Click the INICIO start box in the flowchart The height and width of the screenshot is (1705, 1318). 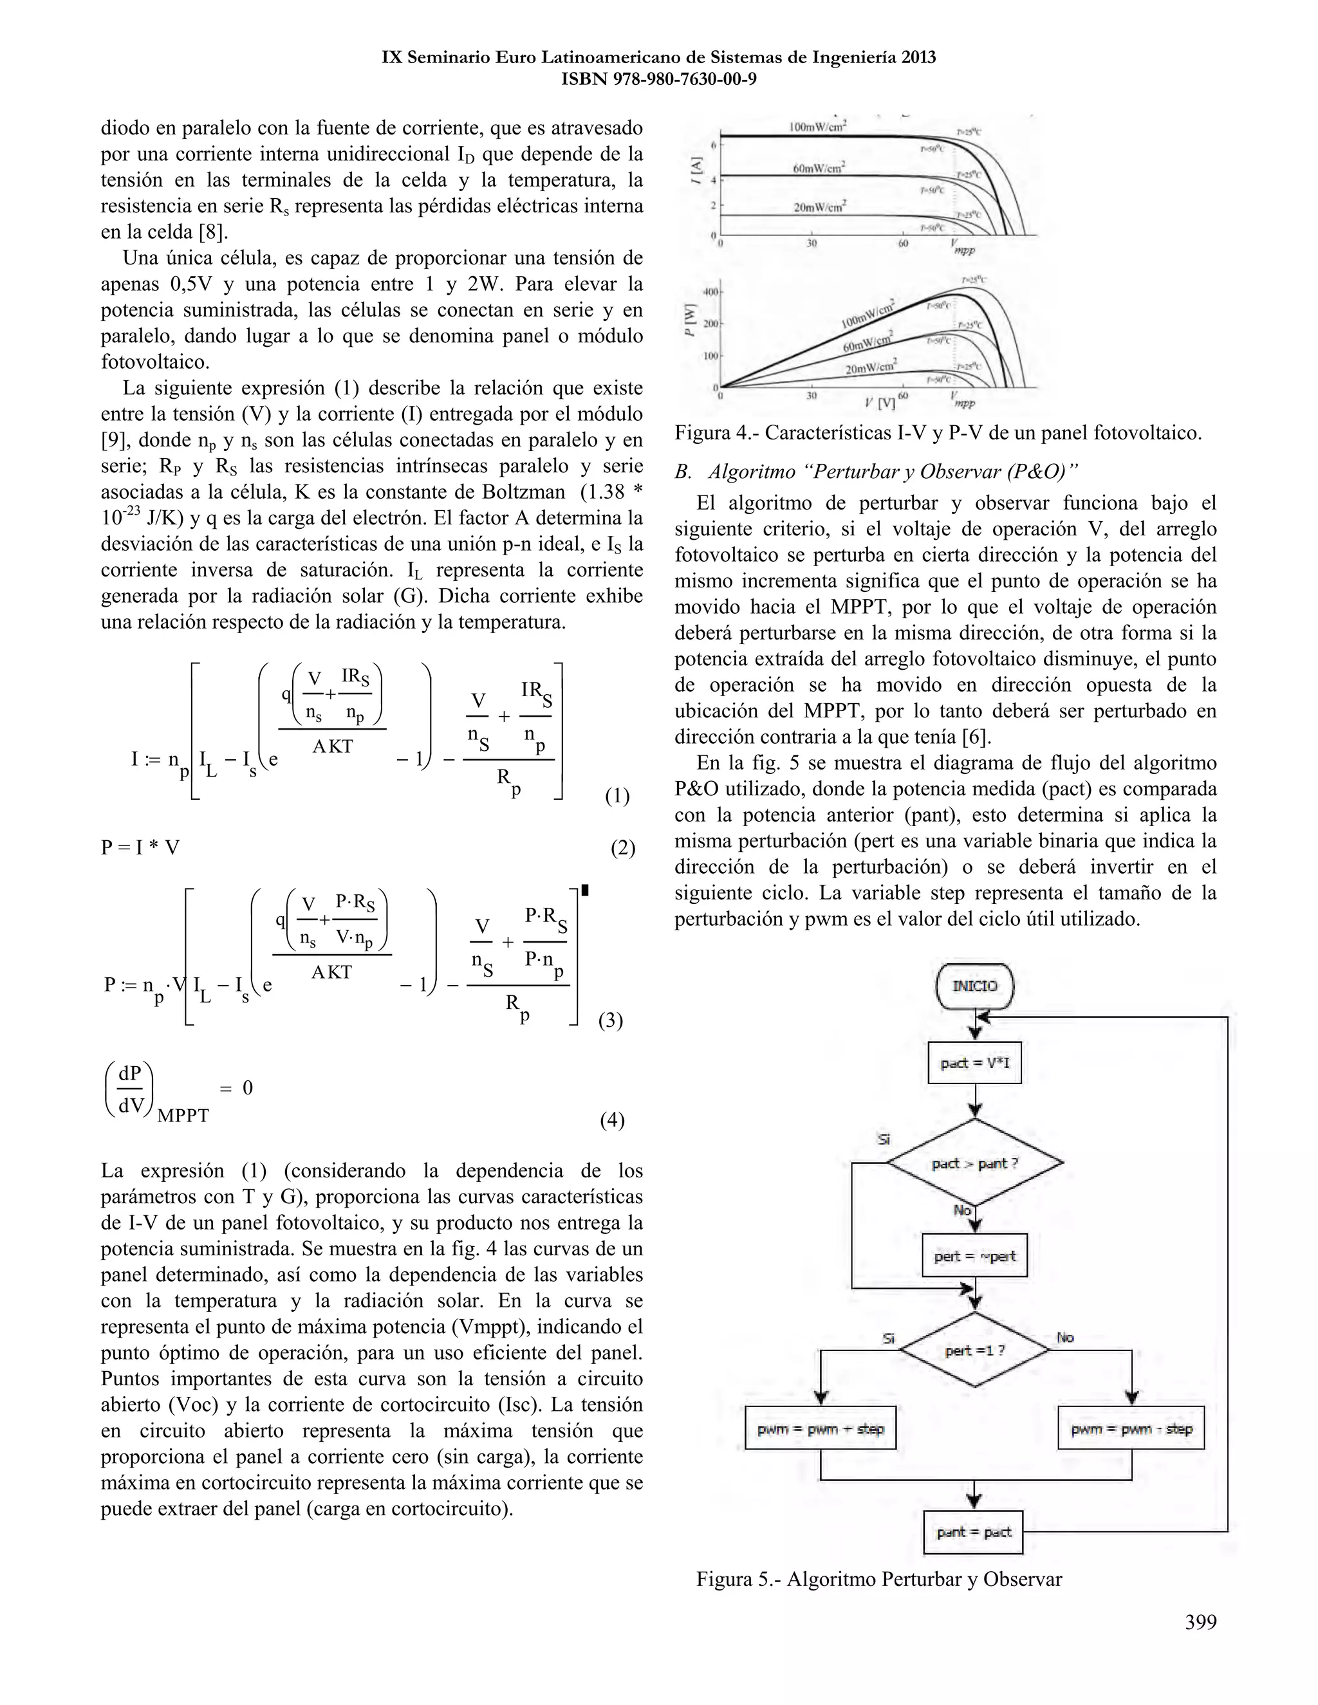click(x=974, y=986)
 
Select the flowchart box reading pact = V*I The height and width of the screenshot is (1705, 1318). click(x=974, y=1062)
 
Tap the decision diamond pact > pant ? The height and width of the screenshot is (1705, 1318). click(x=974, y=1163)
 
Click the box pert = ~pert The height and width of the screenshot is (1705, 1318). click(x=974, y=1256)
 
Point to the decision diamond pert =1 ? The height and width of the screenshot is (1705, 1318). click(x=974, y=1350)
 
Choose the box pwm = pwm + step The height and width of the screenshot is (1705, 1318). click(x=821, y=1428)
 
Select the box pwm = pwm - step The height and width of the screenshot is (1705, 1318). click(x=1131, y=1428)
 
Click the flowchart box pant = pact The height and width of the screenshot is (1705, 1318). click(x=974, y=1533)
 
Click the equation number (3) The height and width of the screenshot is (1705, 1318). click(x=611, y=1020)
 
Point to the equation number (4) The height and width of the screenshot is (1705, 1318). click(x=611, y=1120)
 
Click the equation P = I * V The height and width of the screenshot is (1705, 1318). click(x=140, y=848)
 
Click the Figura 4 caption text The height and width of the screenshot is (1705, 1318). click(x=938, y=432)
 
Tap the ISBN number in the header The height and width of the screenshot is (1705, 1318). click(x=658, y=79)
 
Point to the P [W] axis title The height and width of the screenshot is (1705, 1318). click(x=691, y=320)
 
